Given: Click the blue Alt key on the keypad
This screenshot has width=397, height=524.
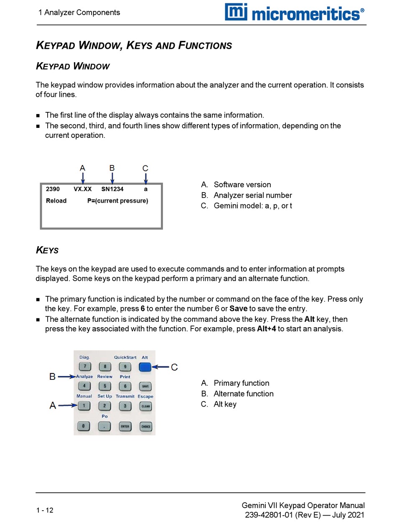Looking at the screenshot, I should pyautogui.click(x=145, y=367).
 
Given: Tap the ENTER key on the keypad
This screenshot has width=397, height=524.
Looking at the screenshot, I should pyautogui.click(x=125, y=427).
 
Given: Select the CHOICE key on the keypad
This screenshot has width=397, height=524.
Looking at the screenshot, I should pyautogui.click(x=145, y=427).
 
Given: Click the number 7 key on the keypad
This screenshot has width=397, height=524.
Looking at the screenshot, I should pyautogui.click(x=84, y=367).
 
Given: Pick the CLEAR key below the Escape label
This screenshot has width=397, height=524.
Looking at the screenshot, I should pyautogui.click(x=145, y=406).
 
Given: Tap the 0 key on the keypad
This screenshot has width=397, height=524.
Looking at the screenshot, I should pyautogui.click(x=84, y=427).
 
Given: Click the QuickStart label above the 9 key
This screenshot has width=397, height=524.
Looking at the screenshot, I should pyautogui.click(x=125, y=358).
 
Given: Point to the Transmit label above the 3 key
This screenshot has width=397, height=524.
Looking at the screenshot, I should pyautogui.click(x=125, y=396).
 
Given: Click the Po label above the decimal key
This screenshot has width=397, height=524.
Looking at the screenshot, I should pyautogui.click(x=104, y=417).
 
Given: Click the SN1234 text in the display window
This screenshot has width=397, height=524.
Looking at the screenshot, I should pyautogui.click(x=112, y=189).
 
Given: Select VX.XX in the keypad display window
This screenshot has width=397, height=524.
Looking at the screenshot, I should pyautogui.click(x=82, y=189).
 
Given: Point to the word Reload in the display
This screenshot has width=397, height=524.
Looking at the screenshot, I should pyautogui.click(x=56, y=201).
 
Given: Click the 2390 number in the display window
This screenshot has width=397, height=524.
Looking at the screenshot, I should pyautogui.click(x=53, y=189).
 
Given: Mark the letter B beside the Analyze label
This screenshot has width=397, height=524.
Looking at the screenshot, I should pyautogui.click(x=52, y=377).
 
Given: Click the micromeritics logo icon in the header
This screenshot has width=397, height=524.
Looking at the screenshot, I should pyautogui.click(x=236, y=12).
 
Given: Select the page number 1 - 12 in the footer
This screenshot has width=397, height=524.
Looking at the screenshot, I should pyautogui.click(x=45, y=510).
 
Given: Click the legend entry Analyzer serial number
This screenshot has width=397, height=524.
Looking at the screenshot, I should pyautogui.click(x=252, y=196).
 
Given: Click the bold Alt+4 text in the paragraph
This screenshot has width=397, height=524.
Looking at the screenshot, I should pyautogui.click(x=267, y=329).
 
